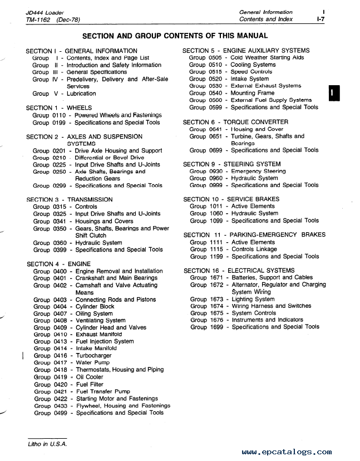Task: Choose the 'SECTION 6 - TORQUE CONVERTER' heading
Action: (235, 122)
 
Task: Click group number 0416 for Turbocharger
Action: (60, 356)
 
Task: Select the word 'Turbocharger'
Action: (93, 356)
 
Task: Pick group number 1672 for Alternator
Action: (216, 285)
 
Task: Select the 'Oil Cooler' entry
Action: (89, 377)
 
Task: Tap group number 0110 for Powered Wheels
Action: (60, 115)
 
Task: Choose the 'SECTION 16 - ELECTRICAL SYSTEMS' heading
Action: (239, 271)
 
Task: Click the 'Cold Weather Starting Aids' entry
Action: (267, 57)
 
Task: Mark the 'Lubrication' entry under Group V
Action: (81, 94)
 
